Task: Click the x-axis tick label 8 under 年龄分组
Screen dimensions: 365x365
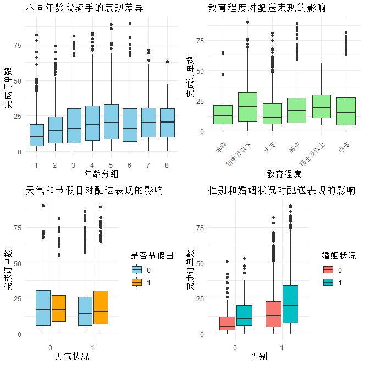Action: tap(167, 164)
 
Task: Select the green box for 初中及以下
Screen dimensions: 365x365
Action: tap(247, 107)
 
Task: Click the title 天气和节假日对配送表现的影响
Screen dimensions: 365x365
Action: tap(94, 191)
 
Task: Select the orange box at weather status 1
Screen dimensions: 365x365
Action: tap(101, 307)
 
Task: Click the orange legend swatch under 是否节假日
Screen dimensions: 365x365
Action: tap(137, 282)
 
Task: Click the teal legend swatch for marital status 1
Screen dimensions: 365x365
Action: tap(328, 282)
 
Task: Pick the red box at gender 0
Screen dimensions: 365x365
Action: tap(227, 323)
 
